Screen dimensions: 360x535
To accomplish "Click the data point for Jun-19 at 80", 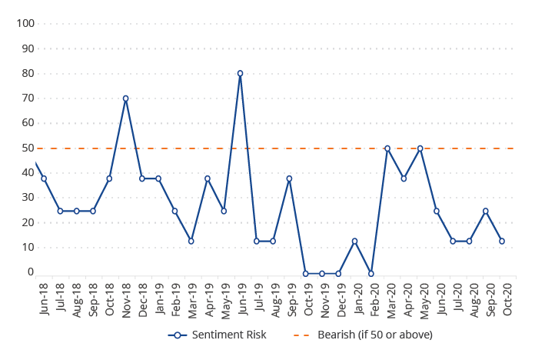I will (x=240, y=74).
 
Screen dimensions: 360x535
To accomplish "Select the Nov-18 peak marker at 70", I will (x=125, y=98).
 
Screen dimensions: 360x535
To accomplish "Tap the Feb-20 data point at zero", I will (x=371, y=273).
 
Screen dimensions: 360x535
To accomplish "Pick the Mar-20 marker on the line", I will (x=387, y=148).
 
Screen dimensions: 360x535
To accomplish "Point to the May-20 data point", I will (x=420, y=148).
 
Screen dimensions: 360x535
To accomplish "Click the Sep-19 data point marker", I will (x=289, y=178).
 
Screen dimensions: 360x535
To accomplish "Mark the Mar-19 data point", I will (x=191, y=241).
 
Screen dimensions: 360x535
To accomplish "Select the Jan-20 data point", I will (x=354, y=241).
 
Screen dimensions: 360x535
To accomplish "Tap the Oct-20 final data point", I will (x=502, y=241).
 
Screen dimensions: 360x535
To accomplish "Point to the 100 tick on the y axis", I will (x=25, y=23).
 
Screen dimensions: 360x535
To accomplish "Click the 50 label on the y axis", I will (x=28, y=148).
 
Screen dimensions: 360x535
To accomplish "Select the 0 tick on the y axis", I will (x=31, y=272).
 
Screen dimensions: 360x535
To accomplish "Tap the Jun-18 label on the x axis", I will (x=44, y=299).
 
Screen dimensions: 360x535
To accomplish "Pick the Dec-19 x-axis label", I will (x=338, y=299).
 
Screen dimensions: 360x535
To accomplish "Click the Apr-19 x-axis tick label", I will (x=208, y=299).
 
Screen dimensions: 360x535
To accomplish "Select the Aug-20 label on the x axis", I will (x=470, y=299).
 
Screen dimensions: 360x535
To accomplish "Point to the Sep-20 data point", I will (x=485, y=211).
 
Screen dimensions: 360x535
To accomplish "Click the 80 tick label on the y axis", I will (x=28, y=73).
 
